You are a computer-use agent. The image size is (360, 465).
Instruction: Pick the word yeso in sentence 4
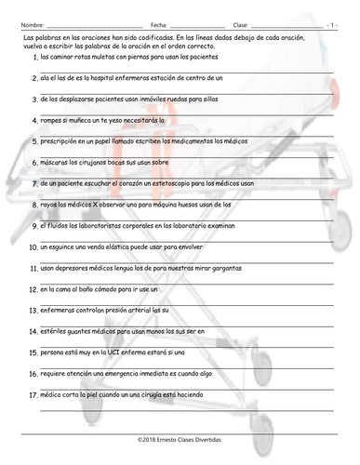click(x=126, y=120)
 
